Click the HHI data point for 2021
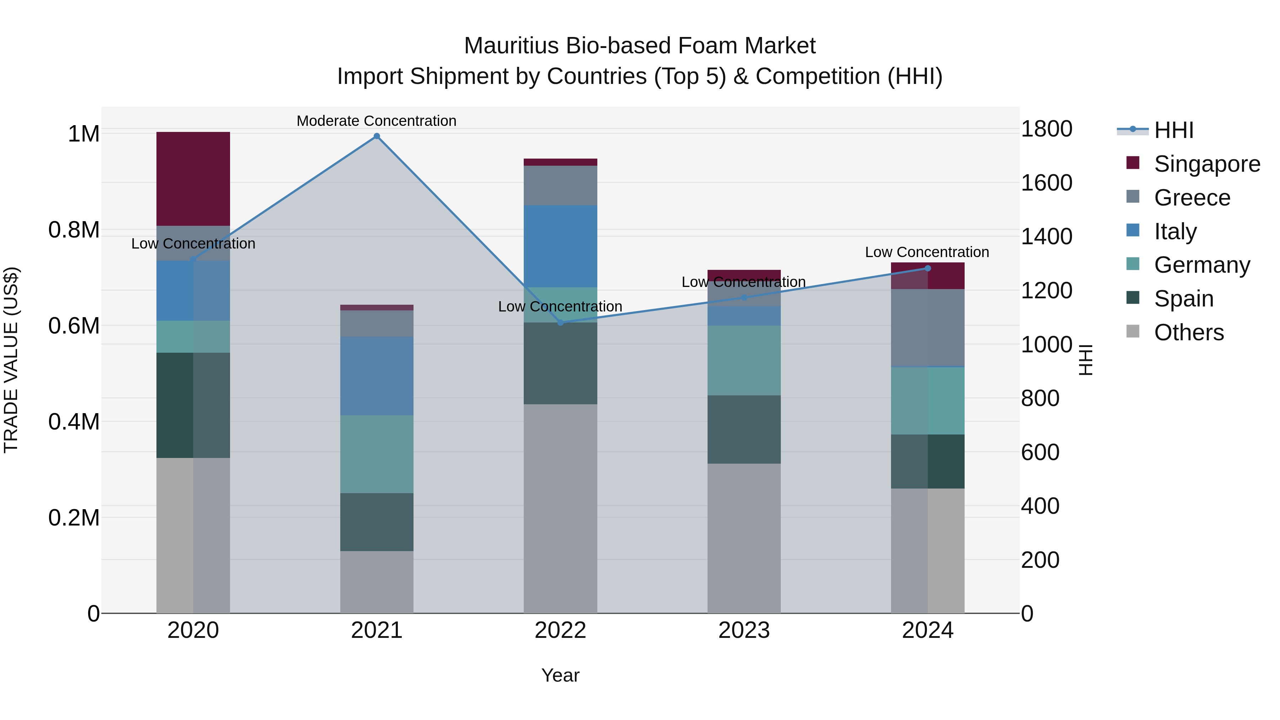(x=377, y=136)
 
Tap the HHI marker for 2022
(x=560, y=322)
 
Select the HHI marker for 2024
(x=927, y=268)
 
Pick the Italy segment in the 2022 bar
(x=560, y=246)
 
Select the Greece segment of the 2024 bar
(x=927, y=327)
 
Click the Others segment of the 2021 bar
(x=377, y=582)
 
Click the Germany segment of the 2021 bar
(x=377, y=454)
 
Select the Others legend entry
(x=1189, y=332)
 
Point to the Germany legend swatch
(x=1133, y=264)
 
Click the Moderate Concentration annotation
(x=377, y=121)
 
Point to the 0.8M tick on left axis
(x=74, y=230)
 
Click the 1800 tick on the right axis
(x=1046, y=129)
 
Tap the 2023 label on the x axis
(x=744, y=630)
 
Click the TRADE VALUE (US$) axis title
(x=11, y=360)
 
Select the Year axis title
(x=560, y=675)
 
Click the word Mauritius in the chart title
(x=511, y=46)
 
